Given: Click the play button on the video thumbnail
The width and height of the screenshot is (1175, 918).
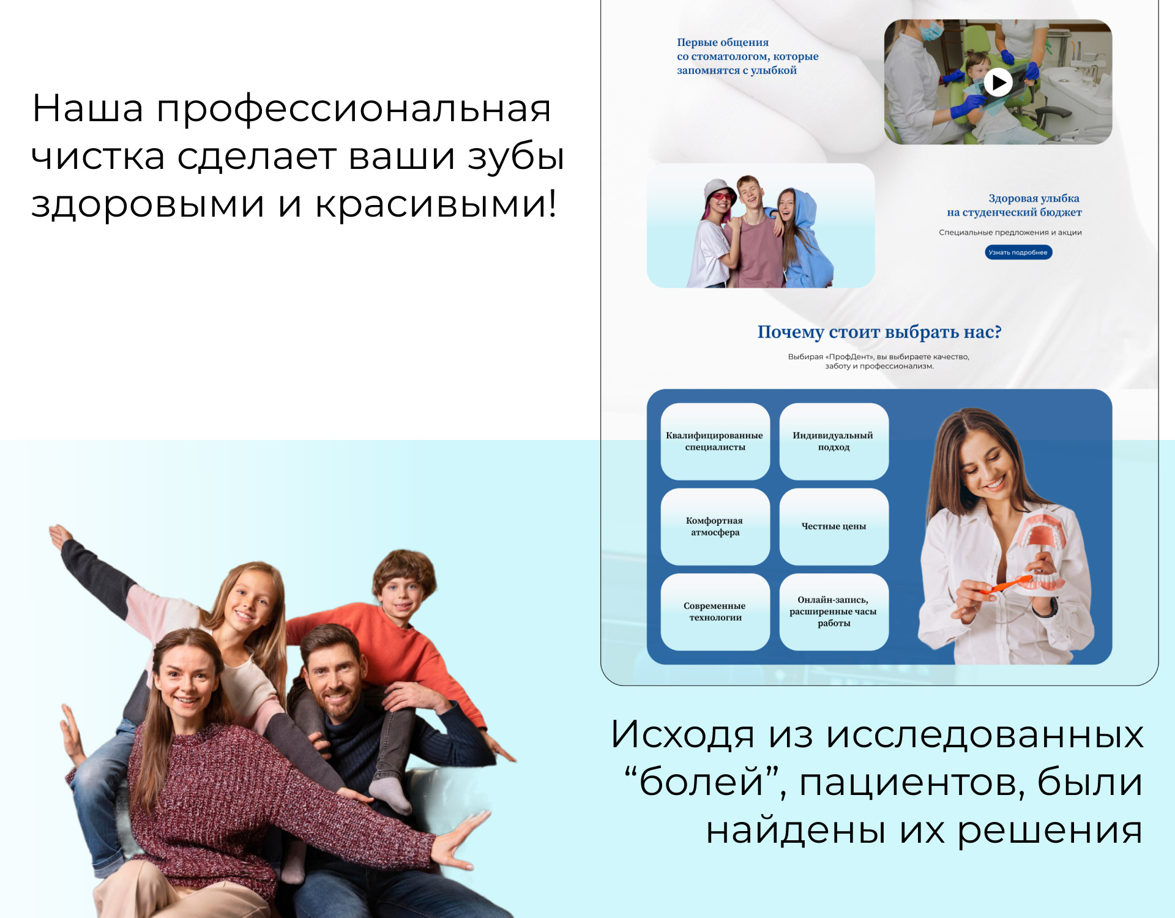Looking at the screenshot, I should point(998,82).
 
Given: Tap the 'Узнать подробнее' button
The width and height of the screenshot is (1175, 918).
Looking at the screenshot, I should point(1018,252).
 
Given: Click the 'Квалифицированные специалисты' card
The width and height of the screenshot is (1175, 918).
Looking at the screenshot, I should point(715,441).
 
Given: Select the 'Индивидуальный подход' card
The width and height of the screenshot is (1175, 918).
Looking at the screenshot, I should point(834,441).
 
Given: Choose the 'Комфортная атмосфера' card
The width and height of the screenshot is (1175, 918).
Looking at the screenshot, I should point(715,526).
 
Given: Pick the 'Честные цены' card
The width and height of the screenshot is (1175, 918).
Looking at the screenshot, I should point(834,526).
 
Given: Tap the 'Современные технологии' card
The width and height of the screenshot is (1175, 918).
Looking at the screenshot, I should point(715,611).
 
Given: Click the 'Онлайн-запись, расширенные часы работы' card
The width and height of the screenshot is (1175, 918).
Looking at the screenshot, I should point(834,611).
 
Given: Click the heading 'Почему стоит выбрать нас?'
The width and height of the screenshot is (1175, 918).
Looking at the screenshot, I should point(879,332).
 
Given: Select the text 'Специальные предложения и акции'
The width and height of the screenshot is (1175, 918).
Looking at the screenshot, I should point(1010,233).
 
